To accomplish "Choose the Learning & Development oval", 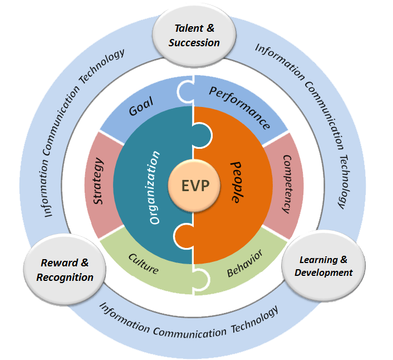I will click(323, 266).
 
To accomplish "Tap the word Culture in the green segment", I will click(144, 264).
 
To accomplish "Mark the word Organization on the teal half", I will click(156, 187).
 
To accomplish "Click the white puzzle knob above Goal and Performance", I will click(185, 91).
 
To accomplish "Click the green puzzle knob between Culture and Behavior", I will click(203, 279).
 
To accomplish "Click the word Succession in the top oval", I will click(194, 42).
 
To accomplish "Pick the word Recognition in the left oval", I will click(65, 277).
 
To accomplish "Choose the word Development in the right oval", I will click(323, 273).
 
